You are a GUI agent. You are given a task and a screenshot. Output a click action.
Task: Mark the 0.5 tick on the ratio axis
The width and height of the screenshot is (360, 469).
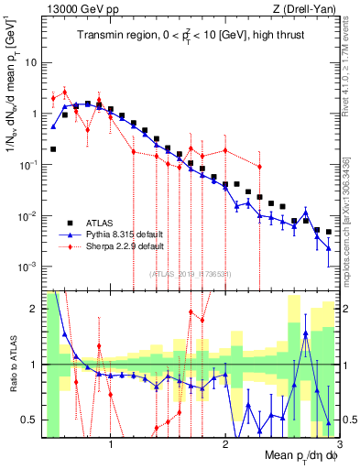[x=29, y=420]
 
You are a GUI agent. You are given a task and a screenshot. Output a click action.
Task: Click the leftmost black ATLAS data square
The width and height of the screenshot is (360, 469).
[x=53, y=148]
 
